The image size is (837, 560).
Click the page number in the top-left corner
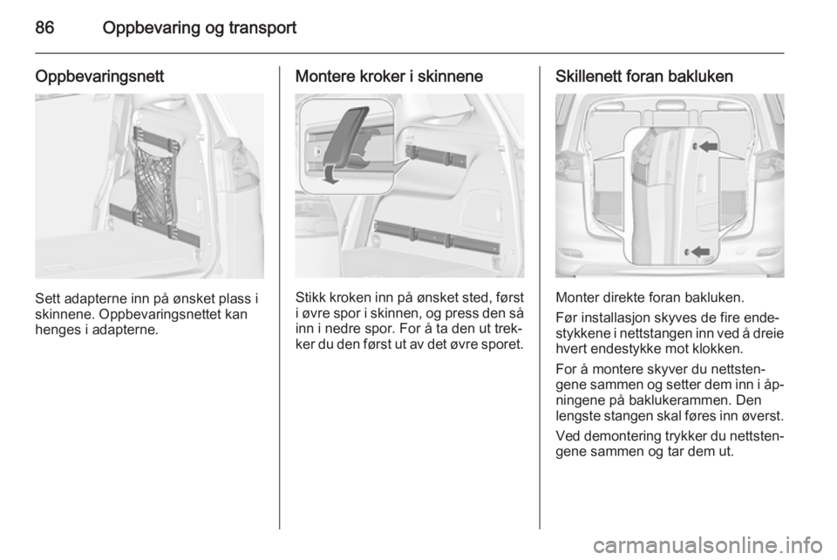tap(45, 27)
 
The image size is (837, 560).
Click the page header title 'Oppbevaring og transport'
tap(200, 27)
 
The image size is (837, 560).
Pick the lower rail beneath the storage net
tap(155, 222)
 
